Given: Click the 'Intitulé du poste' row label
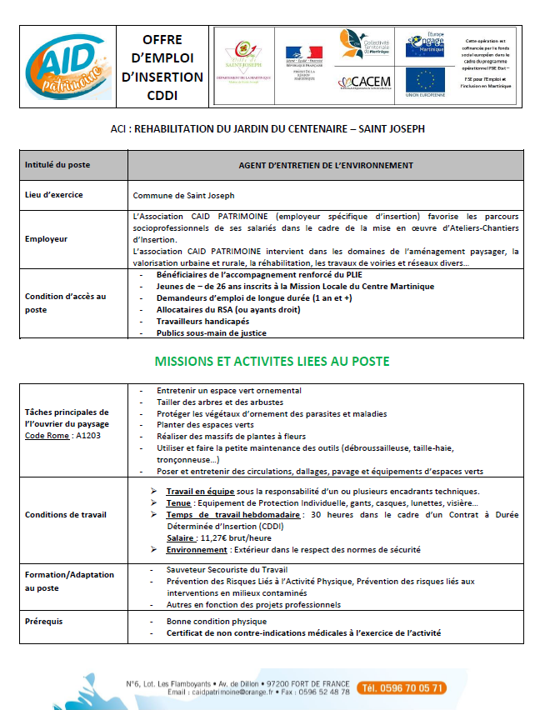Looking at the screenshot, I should (57, 165).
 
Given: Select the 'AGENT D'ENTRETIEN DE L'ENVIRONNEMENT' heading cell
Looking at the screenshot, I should (326, 165).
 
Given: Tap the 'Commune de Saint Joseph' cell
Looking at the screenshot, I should (184, 196).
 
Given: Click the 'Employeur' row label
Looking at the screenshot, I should (46, 238).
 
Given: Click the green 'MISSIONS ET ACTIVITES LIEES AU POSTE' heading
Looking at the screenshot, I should (272, 362).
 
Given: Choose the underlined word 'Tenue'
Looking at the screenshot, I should (179, 503).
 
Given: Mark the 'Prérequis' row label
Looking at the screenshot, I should (44, 621).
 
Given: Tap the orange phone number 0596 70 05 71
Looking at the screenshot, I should (401, 688).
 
